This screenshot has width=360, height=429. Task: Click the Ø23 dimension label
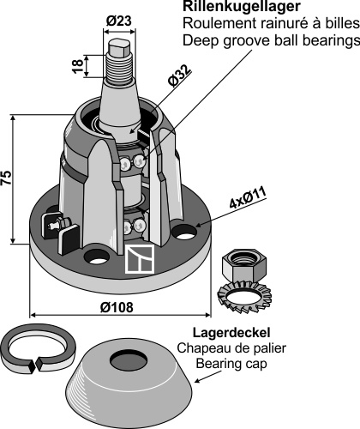119,21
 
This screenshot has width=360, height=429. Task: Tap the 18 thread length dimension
78,66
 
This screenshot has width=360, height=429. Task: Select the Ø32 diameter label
180,76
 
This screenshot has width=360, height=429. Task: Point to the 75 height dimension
7,178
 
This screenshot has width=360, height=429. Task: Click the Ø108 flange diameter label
117,307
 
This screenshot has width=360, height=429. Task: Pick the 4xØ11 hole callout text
248,198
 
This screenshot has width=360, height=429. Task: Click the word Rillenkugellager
242,6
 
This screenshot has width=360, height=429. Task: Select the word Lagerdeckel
231,333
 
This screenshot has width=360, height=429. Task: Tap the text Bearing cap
231,364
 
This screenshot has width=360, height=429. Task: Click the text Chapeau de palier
231,348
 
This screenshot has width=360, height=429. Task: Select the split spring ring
38,348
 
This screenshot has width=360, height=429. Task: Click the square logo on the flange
140,259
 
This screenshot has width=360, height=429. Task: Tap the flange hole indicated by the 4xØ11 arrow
186,232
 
